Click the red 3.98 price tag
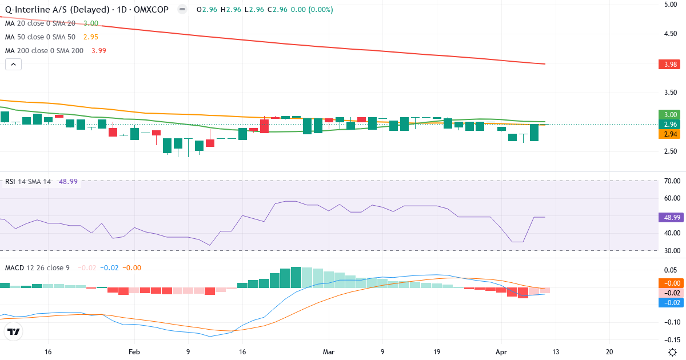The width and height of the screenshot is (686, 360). [x=670, y=65]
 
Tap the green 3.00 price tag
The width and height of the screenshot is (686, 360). [x=670, y=114]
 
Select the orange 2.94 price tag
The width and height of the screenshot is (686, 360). [x=670, y=134]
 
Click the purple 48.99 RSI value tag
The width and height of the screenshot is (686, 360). [x=670, y=218]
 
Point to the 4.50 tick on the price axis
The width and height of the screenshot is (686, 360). [x=670, y=34]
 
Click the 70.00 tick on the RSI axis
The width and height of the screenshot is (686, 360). [x=672, y=181]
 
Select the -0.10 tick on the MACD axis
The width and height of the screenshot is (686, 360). [x=672, y=322]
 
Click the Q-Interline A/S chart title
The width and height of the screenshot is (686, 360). [x=86, y=10]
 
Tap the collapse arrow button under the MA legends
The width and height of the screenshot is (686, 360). [x=13, y=65]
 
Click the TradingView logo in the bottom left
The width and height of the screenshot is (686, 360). [x=13, y=331]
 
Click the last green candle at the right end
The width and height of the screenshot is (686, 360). [x=534, y=133]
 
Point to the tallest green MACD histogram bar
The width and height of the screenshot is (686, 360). [x=296, y=278]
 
